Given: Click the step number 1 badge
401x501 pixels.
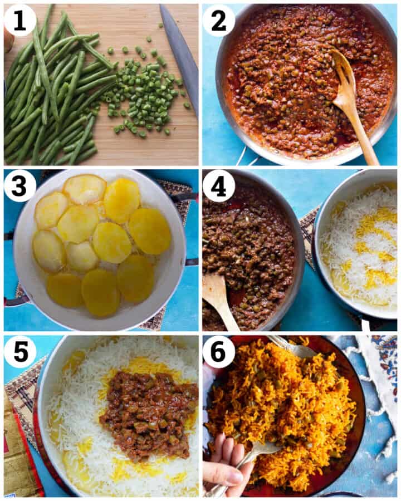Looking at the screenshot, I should click(20, 20).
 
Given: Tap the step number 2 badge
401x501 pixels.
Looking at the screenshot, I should click(218, 20).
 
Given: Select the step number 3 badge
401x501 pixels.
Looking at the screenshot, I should click(20, 185).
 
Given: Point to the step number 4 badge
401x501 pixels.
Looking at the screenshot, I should click(218, 185).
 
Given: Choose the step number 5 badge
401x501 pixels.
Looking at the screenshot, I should click(20, 351).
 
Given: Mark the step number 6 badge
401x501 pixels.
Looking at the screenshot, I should click(218, 351).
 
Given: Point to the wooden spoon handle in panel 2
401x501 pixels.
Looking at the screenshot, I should click(365, 136).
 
